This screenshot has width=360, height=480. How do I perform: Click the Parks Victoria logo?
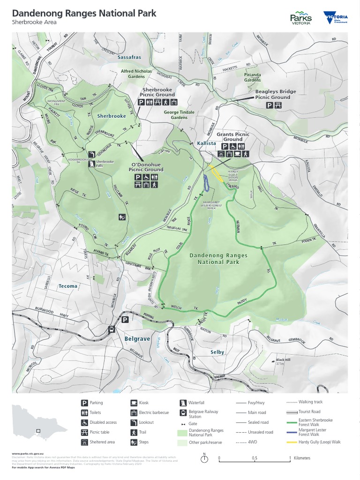tap(301, 18)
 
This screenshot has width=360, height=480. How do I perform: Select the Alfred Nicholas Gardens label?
tap(136, 74)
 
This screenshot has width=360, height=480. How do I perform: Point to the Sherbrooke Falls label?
tap(105, 163)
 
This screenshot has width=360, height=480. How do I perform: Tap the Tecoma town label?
tap(68, 285)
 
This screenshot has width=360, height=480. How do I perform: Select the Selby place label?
tap(217, 352)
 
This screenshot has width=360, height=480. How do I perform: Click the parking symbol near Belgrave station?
tap(125, 320)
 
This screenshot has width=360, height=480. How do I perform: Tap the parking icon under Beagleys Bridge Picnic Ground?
tap(269, 105)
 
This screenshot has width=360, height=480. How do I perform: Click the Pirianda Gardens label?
tap(252, 77)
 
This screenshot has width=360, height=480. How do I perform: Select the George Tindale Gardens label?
tap(176, 115)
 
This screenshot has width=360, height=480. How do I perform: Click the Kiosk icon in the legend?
tap(134, 403)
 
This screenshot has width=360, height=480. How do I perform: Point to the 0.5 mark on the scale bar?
tap(254, 458)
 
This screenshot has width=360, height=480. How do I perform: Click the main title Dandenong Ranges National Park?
tap(84, 14)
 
